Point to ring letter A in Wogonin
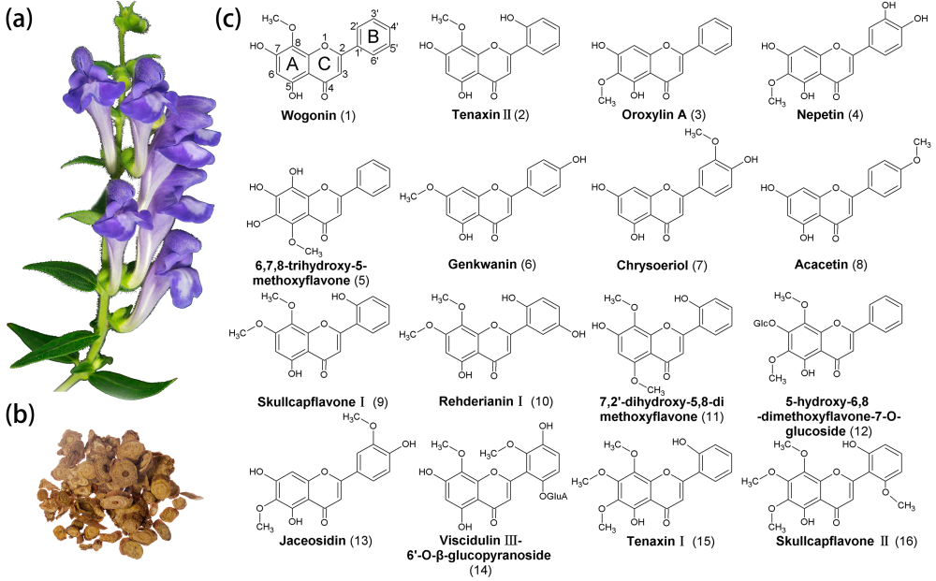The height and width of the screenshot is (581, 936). [x=291, y=65]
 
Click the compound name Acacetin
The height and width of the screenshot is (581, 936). [x=811, y=265]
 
